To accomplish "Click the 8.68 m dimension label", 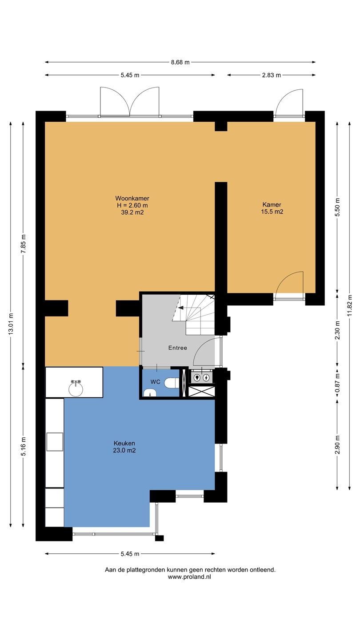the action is point(180,62).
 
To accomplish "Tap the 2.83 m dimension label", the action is point(272,75).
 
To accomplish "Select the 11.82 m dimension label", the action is point(350,305).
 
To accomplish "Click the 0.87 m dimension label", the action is point(337,383).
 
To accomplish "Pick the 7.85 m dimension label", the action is point(24,244).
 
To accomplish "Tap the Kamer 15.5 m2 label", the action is point(272,208).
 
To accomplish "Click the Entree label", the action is point(178,348).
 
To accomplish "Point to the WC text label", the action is point(156,382).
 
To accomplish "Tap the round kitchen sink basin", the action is point(76,389).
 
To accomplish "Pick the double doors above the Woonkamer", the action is point(129,101).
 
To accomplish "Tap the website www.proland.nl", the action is point(189,576).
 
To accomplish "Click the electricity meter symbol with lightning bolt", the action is point(206,378).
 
